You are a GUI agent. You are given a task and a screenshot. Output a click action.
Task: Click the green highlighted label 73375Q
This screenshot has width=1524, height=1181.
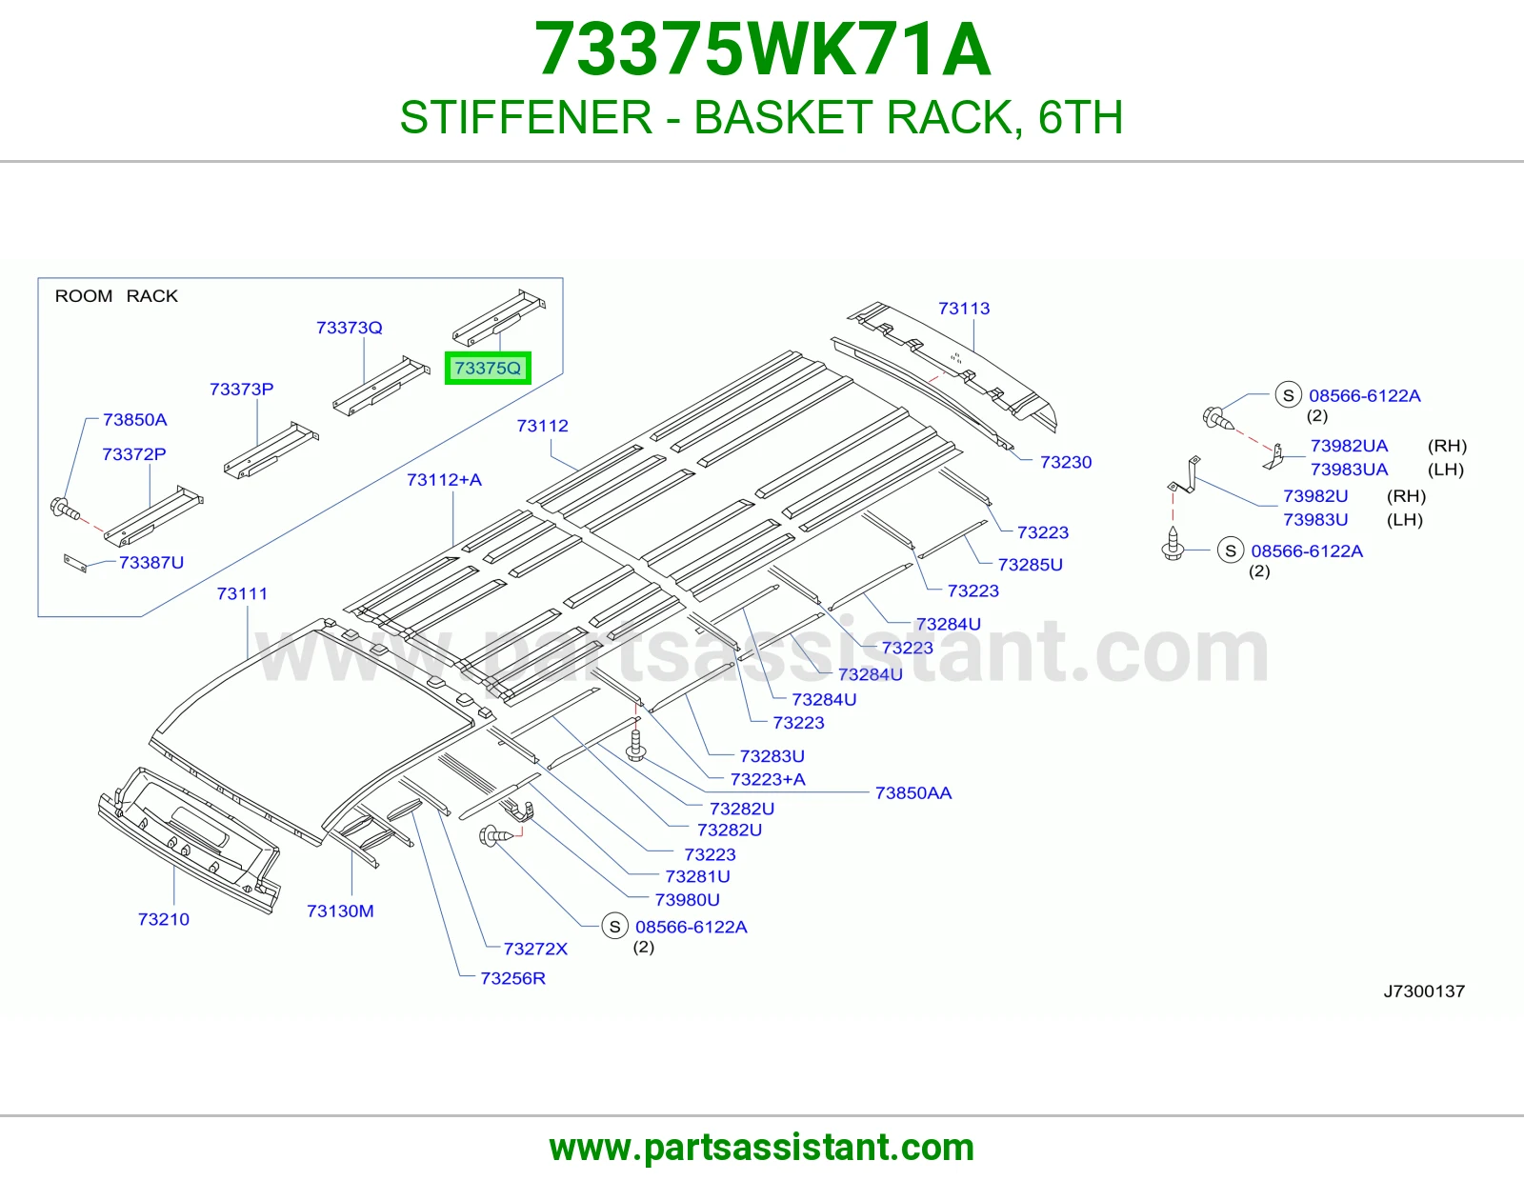pyautogui.click(x=488, y=369)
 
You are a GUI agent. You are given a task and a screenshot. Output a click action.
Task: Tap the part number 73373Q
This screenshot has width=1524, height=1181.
pyautogui.click(x=350, y=328)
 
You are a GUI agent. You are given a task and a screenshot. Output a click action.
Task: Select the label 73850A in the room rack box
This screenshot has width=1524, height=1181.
pyautogui.click(x=134, y=419)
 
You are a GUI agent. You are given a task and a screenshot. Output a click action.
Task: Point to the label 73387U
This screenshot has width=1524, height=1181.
pyautogui.click(x=150, y=563)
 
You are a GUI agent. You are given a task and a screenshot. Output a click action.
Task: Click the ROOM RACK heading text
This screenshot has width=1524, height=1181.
pyautogui.click(x=116, y=296)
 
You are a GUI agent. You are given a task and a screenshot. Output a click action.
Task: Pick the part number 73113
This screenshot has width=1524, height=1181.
pyautogui.click(x=964, y=308)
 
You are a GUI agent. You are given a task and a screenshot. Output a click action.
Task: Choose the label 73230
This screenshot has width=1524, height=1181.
pyautogui.click(x=1065, y=462)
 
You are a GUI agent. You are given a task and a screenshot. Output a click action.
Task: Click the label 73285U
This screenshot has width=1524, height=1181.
pyautogui.click(x=1030, y=565)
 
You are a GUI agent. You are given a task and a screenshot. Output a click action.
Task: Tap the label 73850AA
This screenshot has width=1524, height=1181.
pyautogui.click(x=913, y=793)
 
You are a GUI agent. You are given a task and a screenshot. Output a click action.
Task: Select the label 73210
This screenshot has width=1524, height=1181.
pyautogui.click(x=164, y=919)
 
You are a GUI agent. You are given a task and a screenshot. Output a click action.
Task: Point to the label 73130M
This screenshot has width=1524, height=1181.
pyautogui.click(x=340, y=911)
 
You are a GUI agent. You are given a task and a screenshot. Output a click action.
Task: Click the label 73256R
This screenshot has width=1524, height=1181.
pyautogui.click(x=512, y=978)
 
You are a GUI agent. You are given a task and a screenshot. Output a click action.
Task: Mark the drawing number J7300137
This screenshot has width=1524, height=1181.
pyautogui.click(x=1424, y=991)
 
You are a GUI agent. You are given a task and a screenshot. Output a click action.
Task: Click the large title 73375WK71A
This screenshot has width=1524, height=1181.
pyautogui.click(x=762, y=50)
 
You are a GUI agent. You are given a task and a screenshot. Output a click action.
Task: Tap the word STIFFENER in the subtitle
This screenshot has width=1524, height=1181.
pyautogui.click(x=526, y=117)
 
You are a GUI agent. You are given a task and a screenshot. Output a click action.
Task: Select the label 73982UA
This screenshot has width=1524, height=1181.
pyautogui.click(x=1349, y=446)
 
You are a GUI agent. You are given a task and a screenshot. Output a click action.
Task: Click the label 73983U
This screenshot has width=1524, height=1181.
pyautogui.click(x=1315, y=520)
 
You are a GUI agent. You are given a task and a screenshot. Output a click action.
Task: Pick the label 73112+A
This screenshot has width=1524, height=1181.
pyautogui.click(x=444, y=480)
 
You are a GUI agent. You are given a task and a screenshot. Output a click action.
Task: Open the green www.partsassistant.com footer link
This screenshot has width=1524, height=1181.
pyautogui.click(x=762, y=1148)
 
